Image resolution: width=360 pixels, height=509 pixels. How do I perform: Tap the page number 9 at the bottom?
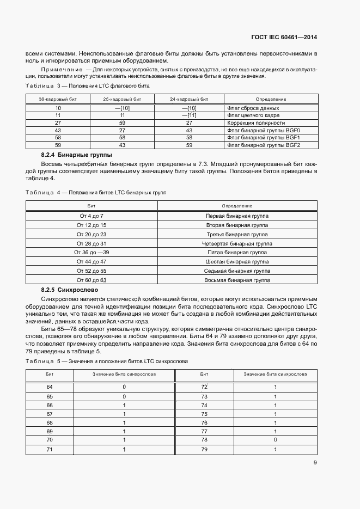315,463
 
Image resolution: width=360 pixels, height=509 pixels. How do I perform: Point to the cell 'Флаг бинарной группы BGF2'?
264,145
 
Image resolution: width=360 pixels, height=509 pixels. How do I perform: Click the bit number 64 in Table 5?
50,387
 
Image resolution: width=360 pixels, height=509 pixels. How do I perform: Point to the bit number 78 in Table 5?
204,439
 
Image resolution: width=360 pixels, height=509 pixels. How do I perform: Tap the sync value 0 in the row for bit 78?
275,439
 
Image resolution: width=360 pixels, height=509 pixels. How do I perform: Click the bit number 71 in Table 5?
50,450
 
